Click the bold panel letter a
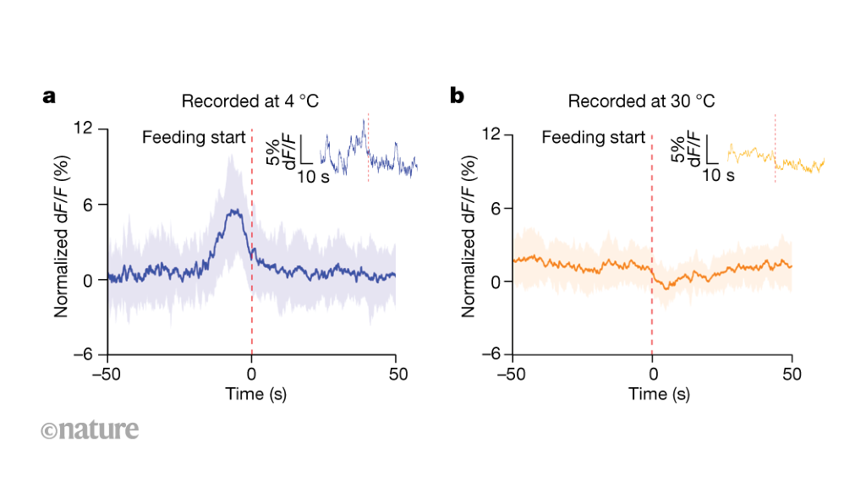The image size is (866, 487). click(x=49, y=97)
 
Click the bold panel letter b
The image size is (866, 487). click(x=458, y=97)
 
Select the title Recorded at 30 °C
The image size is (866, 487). click(x=641, y=101)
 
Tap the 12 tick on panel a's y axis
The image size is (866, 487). click(x=84, y=129)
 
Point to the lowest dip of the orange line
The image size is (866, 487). click(x=666, y=288)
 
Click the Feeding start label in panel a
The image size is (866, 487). click(x=194, y=137)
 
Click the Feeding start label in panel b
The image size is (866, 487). click(x=594, y=137)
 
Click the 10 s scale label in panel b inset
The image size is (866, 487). click(x=719, y=177)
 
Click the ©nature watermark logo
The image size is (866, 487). click(x=89, y=430)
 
